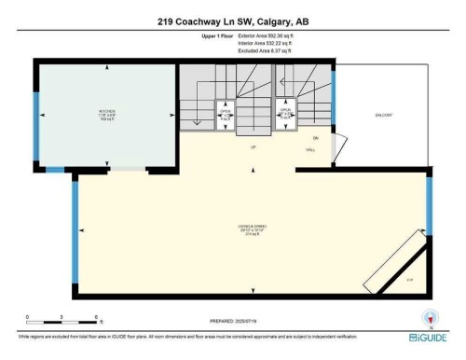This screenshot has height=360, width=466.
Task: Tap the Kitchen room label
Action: click(x=106, y=118)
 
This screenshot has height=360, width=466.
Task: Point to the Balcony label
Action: click(x=384, y=116)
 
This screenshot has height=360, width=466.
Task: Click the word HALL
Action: click(x=309, y=150)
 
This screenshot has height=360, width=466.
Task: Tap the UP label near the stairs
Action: click(x=253, y=147)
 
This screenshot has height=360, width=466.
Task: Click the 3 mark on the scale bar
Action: click(x=62, y=318)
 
